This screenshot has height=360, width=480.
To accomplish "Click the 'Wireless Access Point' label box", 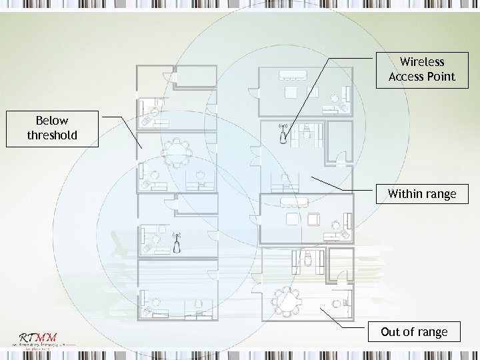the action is (x=422, y=69).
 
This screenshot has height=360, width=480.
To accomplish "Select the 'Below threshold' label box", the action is (x=52, y=128).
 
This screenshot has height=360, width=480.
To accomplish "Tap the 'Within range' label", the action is (x=422, y=194).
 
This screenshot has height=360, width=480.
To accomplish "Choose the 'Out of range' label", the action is (x=414, y=331).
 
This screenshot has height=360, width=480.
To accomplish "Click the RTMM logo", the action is (x=37, y=337).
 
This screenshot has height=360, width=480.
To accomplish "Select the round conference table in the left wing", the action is (x=177, y=153).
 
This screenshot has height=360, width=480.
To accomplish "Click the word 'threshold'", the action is (x=52, y=135).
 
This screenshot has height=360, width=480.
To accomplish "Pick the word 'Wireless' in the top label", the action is (x=422, y=62).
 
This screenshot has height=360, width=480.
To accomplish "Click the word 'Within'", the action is (x=404, y=194).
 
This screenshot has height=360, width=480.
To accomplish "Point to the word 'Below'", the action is (x=52, y=121).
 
